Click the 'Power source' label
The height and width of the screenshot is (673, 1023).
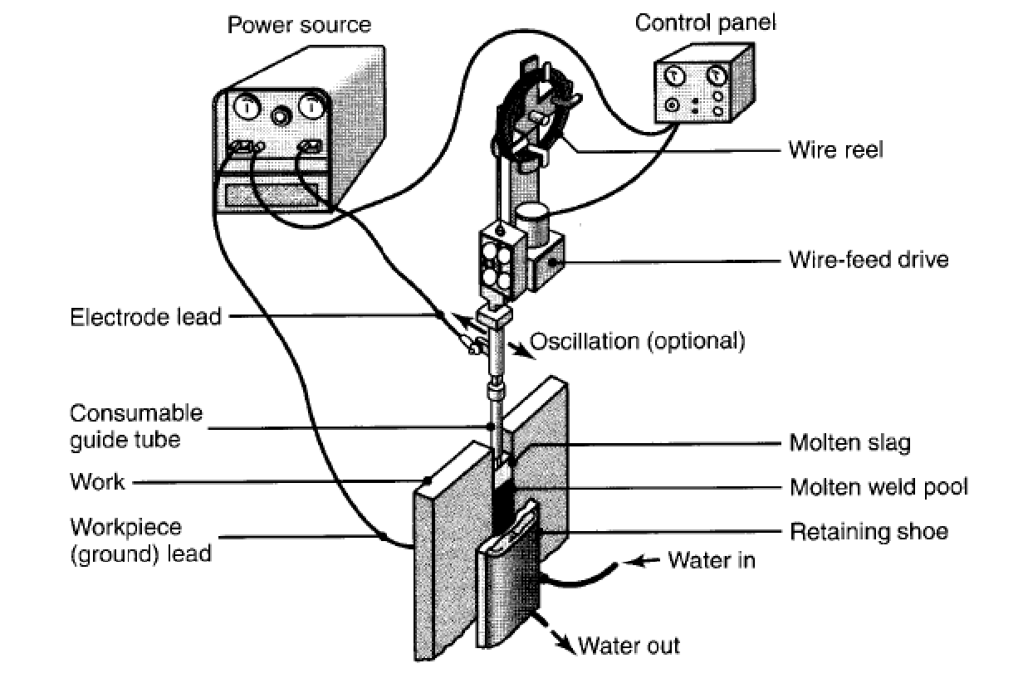300,24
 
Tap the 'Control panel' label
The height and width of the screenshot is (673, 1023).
706,22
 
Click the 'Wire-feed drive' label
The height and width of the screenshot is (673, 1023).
868,261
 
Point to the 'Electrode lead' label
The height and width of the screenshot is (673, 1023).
146,317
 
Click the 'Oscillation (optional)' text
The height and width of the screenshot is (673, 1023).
637,340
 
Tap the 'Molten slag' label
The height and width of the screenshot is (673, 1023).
849,443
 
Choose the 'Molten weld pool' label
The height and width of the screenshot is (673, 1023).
879,486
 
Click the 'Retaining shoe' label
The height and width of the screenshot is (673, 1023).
868,530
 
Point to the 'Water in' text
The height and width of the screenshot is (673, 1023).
712,560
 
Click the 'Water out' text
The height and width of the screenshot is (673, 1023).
629,645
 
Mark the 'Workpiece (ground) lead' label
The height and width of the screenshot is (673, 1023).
140,539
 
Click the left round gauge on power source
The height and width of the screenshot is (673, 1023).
247,109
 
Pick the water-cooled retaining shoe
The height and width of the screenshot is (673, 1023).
508,581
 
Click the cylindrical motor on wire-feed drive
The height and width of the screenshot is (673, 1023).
531,222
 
